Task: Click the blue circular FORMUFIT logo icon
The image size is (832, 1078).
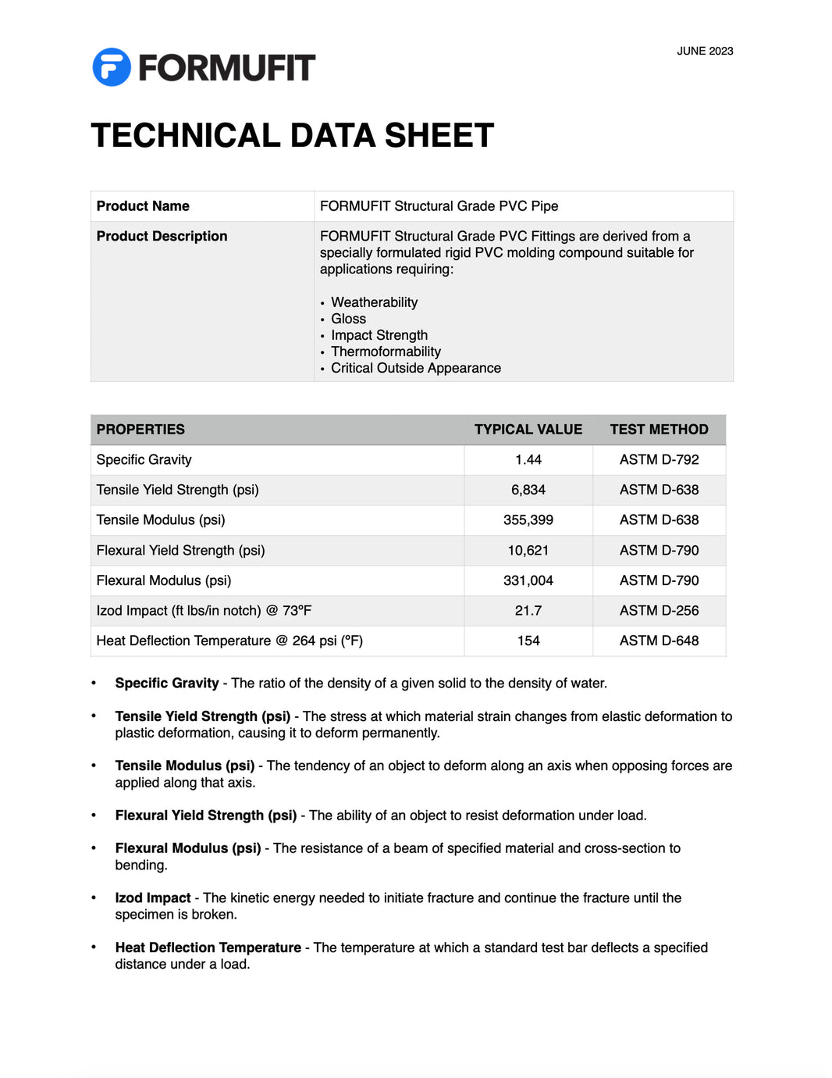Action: pyautogui.click(x=112, y=67)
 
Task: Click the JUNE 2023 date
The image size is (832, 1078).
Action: pyautogui.click(x=705, y=52)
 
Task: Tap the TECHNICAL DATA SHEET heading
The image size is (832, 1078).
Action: pyautogui.click(x=293, y=136)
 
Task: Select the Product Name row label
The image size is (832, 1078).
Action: pyautogui.click(x=143, y=206)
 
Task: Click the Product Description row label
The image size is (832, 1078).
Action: pyautogui.click(x=162, y=236)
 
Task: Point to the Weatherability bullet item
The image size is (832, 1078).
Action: pyautogui.click(x=374, y=302)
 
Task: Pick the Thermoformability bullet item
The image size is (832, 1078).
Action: pyautogui.click(x=386, y=352)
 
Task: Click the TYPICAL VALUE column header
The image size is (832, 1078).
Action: pyautogui.click(x=528, y=430)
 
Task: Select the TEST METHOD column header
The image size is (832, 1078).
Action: pyautogui.click(x=659, y=430)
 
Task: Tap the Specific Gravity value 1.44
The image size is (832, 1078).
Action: pyautogui.click(x=528, y=460)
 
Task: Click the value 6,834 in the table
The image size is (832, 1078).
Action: pyautogui.click(x=528, y=490)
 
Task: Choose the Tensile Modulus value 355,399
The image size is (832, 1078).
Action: pyautogui.click(x=528, y=520)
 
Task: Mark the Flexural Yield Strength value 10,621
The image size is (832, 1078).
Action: pyautogui.click(x=528, y=551)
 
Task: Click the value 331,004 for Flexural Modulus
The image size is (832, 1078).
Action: pyautogui.click(x=528, y=580)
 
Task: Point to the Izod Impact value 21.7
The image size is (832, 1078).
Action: pyautogui.click(x=528, y=611)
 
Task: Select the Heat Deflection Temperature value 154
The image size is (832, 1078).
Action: pyautogui.click(x=528, y=641)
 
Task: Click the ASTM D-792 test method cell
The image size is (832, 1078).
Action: pyautogui.click(x=659, y=460)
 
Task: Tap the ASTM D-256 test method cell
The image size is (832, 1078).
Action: pyautogui.click(x=659, y=611)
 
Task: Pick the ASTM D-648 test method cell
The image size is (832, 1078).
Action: pyautogui.click(x=659, y=641)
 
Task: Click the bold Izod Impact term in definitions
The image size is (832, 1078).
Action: pyautogui.click(x=153, y=898)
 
